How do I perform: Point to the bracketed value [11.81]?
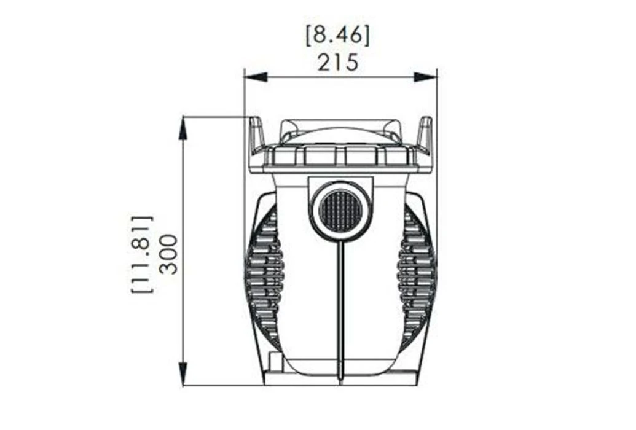point(142,253)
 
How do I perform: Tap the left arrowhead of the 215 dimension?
point(255,77)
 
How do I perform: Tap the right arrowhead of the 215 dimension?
point(425,77)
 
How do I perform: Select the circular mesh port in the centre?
point(341,210)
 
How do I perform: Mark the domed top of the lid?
point(341,130)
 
